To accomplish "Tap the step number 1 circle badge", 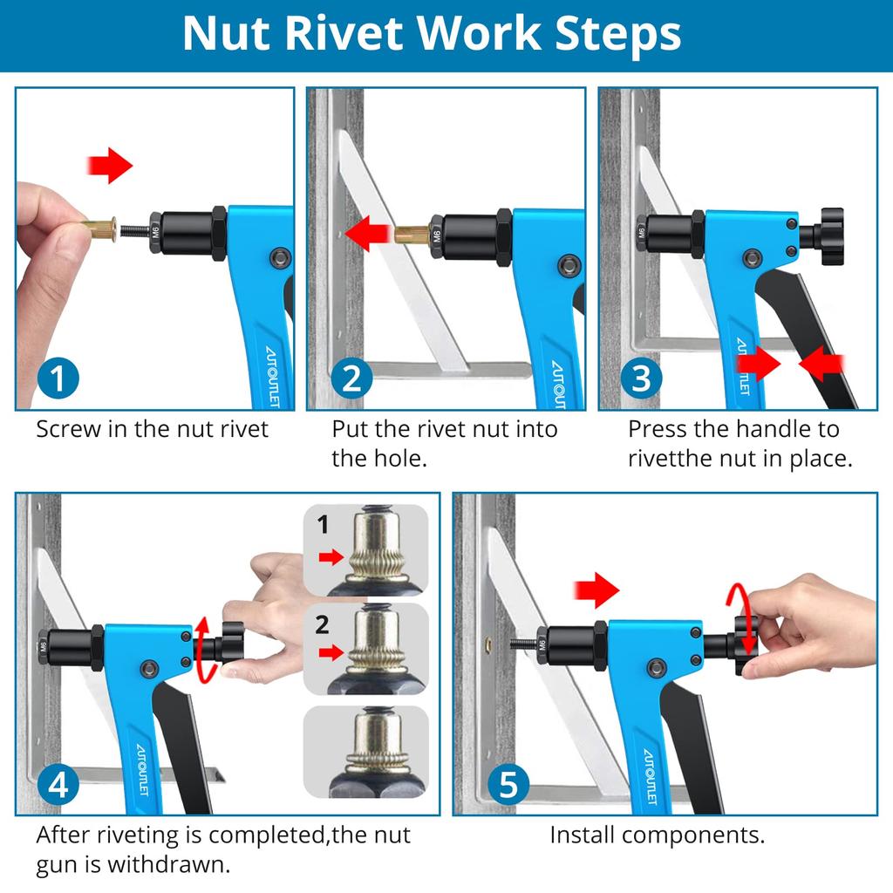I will click(x=58, y=378).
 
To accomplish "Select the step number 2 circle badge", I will click(x=352, y=378).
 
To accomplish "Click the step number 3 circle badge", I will click(x=642, y=378).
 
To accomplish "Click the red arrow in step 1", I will click(x=110, y=166).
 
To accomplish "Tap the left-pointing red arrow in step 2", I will click(x=366, y=234).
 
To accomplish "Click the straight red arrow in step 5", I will click(x=596, y=590).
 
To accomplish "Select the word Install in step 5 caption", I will click(x=582, y=835).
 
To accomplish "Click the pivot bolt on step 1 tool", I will click(x=280, y=256).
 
